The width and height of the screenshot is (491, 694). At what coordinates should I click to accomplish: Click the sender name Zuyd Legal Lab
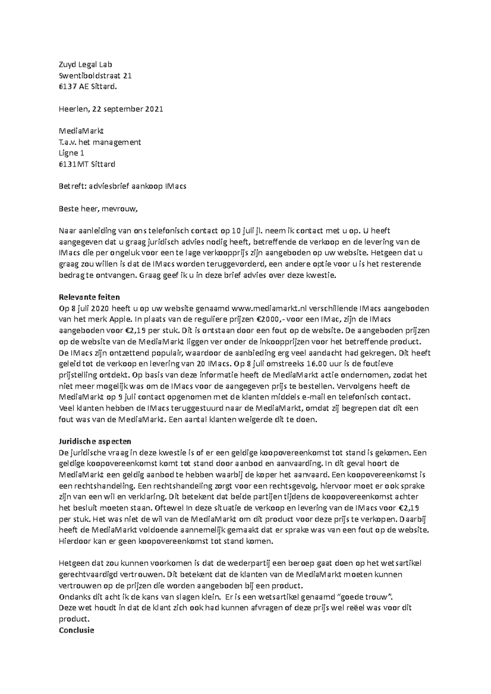[x=85, y=65]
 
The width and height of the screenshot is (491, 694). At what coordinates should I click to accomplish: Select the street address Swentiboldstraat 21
[x=95, y=76]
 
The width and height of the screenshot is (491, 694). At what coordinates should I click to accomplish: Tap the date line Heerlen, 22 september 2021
[x=111, y=109]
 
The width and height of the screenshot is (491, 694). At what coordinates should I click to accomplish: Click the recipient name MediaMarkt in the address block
[x=81, y=131]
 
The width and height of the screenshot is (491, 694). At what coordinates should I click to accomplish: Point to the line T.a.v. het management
[x=100, y=142]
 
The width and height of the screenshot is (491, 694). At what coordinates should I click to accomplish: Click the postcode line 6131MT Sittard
[x=87, y=164]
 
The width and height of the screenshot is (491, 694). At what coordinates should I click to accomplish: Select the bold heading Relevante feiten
[x=89, y=297]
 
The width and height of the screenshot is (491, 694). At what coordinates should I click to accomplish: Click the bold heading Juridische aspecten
[x=95, y=441]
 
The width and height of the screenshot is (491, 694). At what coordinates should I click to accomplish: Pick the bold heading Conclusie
[x=77, y=630]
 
